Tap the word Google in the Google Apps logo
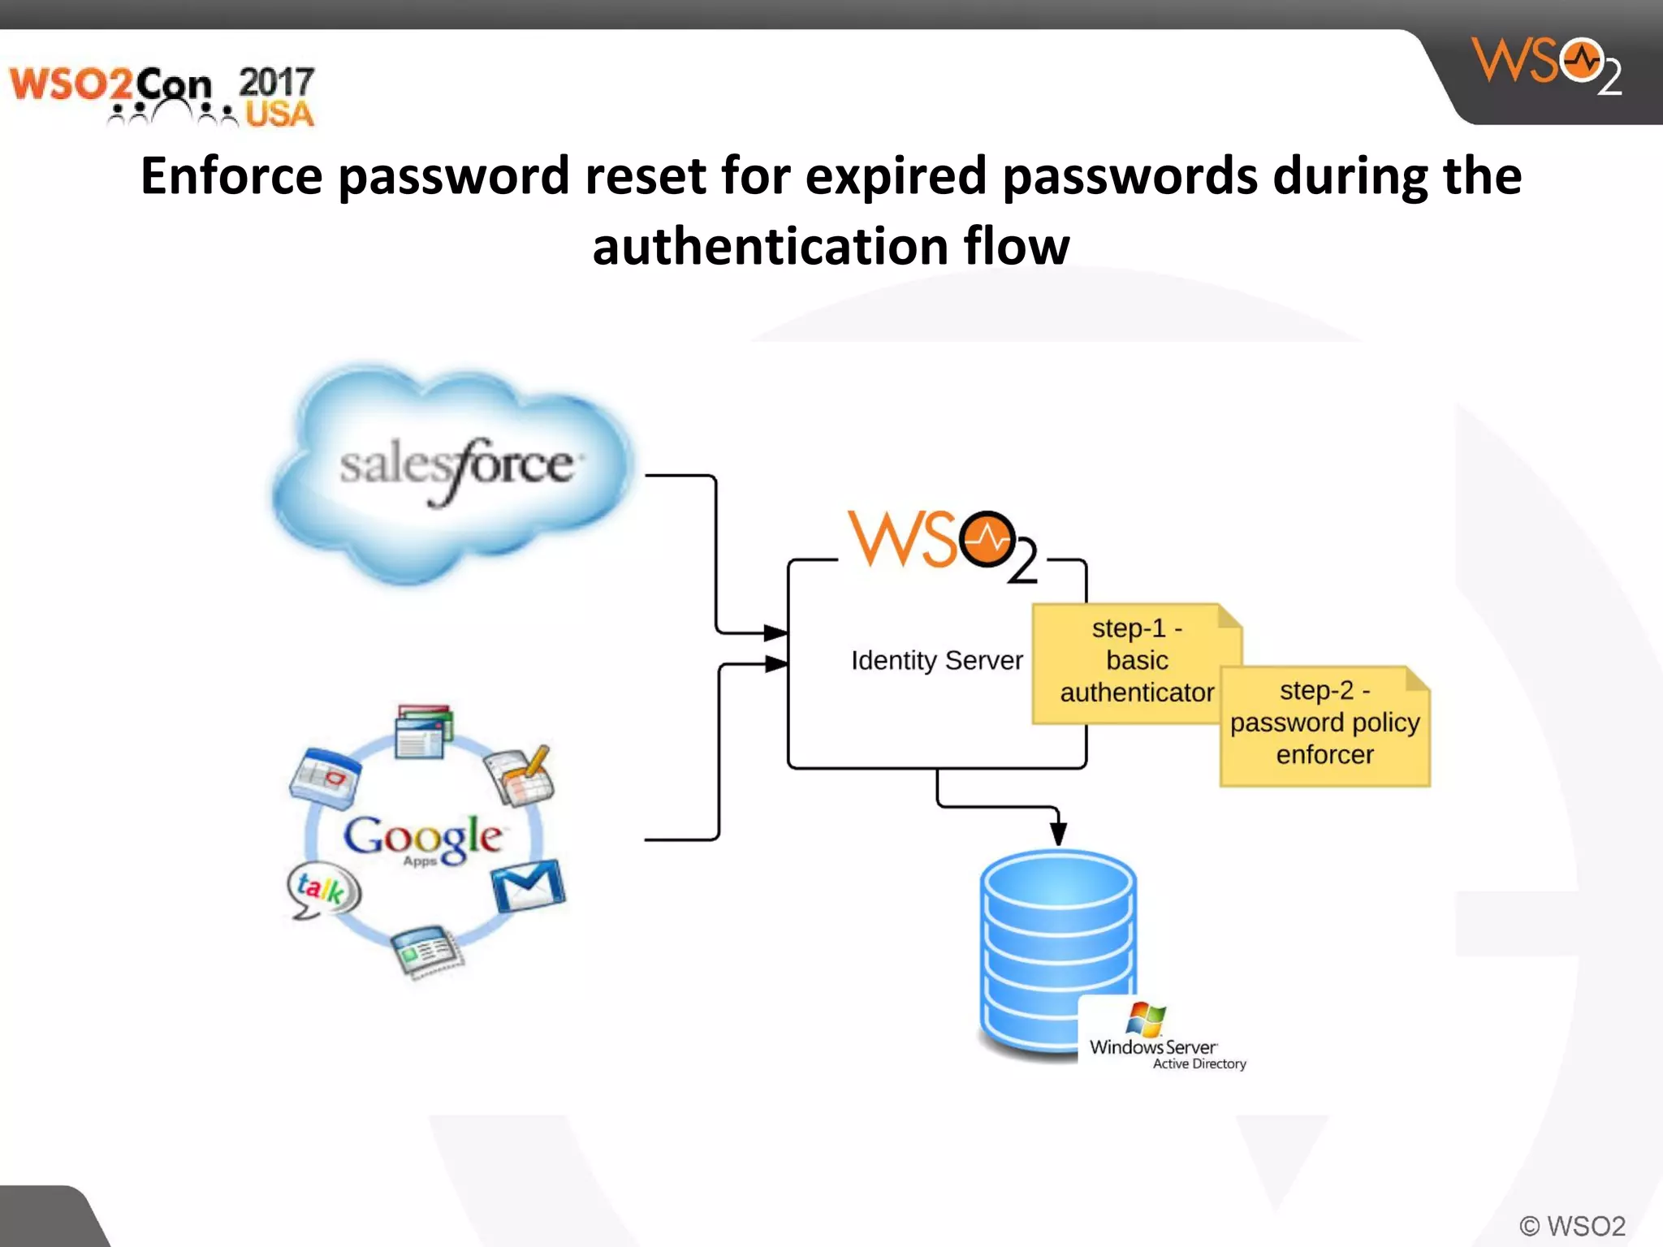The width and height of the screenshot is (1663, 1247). [x=422, y=836]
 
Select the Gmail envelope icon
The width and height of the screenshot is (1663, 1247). [x=529, y=886]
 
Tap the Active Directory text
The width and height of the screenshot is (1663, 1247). [x=1199, y=1064]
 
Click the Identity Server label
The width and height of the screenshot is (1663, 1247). [x=936, y=661]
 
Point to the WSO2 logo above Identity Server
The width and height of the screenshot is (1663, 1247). [x=942, y=544]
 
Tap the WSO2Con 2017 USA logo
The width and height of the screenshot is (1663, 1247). [x=162, y=96]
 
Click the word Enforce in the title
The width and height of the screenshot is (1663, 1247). [x=231, y=175]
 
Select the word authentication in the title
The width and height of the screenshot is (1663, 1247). [x=770, y=246]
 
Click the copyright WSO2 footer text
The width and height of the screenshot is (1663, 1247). [x=1572, y=1226]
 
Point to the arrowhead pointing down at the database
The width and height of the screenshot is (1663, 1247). [x=1058, y=832]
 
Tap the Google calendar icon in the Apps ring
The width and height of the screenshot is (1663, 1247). [x=326, y=777]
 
